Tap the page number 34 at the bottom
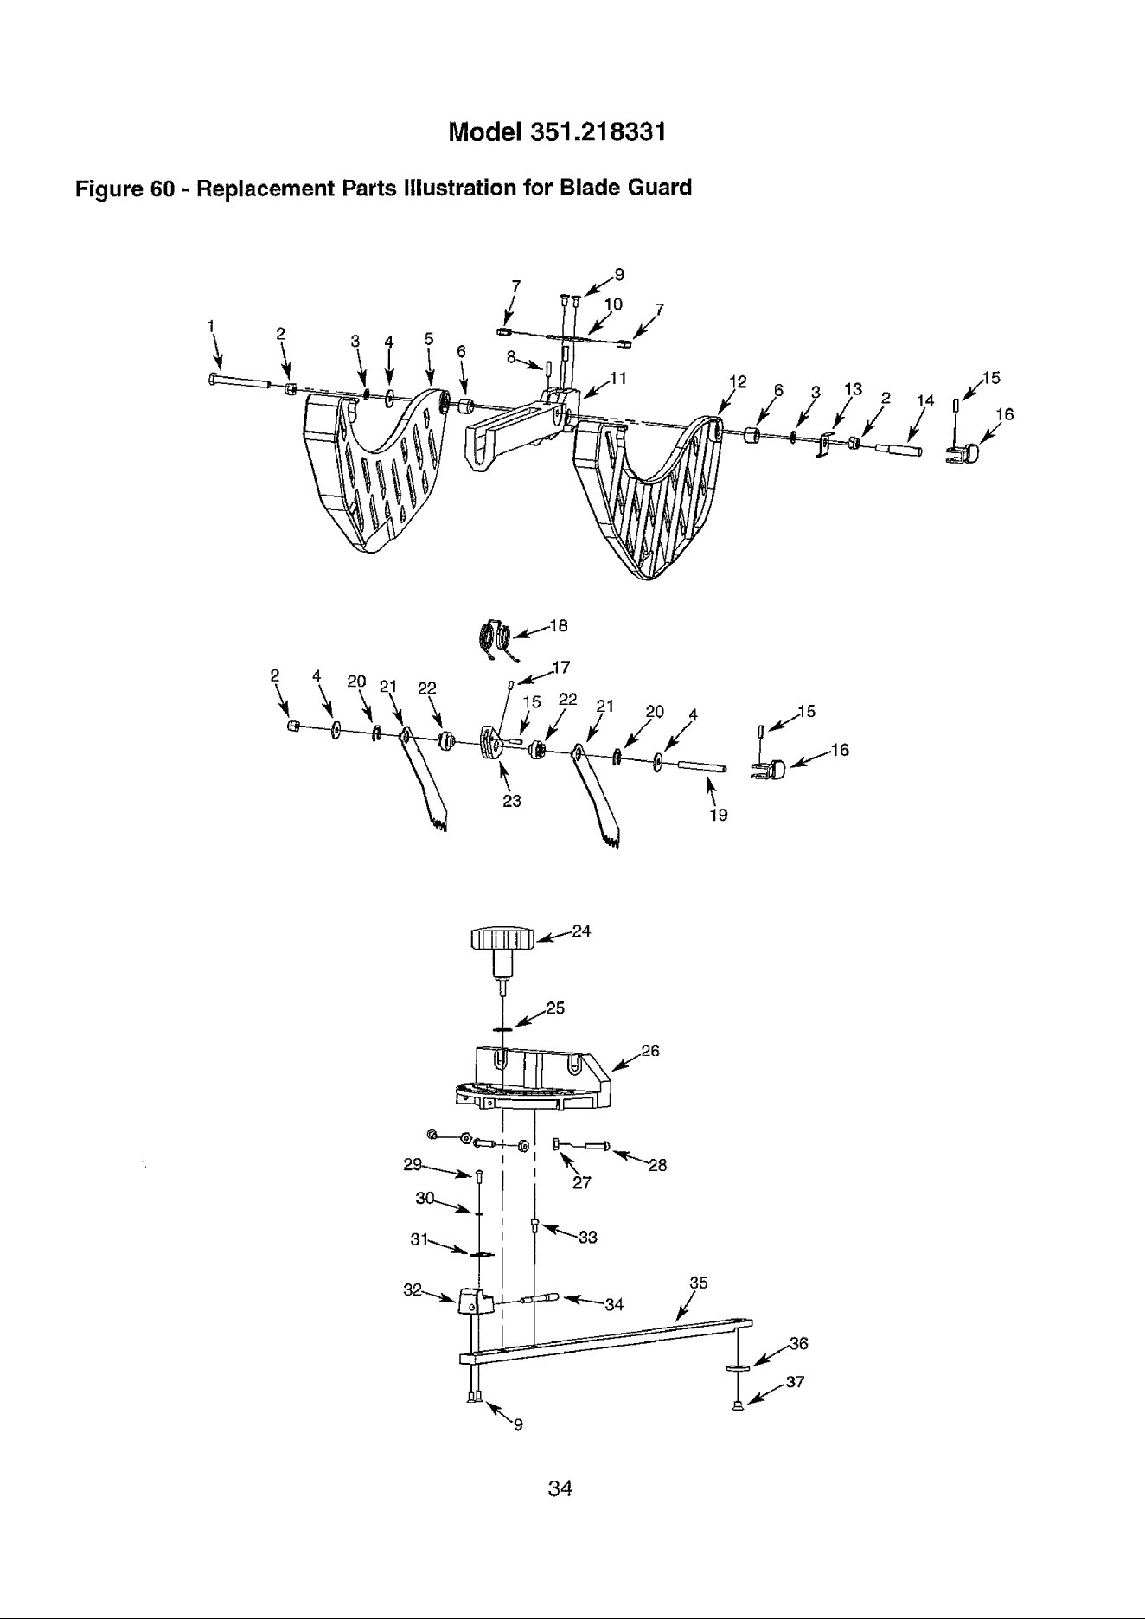561,1489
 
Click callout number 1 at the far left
209,324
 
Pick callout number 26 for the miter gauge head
649,1051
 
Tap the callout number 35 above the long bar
699,1283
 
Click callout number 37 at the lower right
796,1381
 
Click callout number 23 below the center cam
512,801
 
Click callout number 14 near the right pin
926,400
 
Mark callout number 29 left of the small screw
413,1164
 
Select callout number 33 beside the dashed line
588,1238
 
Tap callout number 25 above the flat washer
555,1008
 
